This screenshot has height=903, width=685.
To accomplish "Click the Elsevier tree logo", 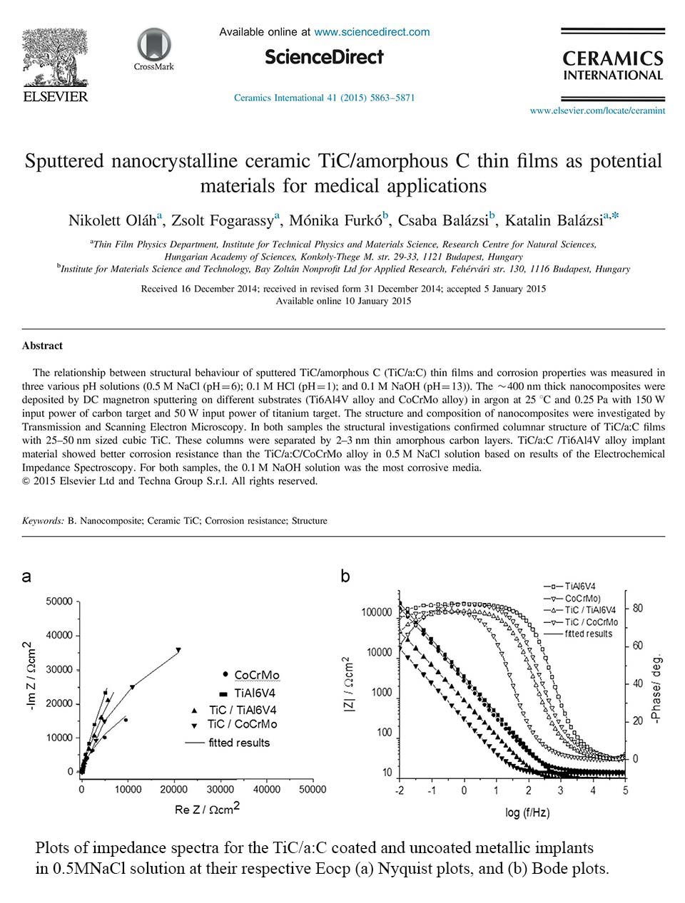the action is [55, 57].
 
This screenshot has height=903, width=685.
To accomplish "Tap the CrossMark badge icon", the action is [154, 44].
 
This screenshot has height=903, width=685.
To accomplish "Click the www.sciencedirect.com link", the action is [372, 32].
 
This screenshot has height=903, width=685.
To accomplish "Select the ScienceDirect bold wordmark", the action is [324, 57].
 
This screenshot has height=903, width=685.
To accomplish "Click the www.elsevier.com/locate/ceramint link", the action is [597, 110].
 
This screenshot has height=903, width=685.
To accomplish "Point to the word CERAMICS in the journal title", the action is [613, 59].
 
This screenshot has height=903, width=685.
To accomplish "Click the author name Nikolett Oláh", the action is [112, 220].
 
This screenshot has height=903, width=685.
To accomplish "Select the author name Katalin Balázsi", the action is [554, 220].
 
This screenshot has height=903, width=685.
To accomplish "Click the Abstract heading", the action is [42, 346].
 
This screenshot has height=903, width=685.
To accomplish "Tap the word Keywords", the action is [43, 521].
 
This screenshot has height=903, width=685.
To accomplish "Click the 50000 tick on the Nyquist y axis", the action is [59, 601].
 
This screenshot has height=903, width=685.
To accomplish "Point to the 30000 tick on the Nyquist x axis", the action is [220, 789].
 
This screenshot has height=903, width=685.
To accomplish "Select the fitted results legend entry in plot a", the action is [228, 743].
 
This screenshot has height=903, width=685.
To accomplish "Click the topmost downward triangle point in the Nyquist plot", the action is [178, 650].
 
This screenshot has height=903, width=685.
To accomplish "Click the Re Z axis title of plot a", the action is [207, 808].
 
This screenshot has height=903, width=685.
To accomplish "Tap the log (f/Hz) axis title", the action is [527, 812].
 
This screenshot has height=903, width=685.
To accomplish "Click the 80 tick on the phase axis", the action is [637, 608].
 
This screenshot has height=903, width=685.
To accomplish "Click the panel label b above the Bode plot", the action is [345, 577].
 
